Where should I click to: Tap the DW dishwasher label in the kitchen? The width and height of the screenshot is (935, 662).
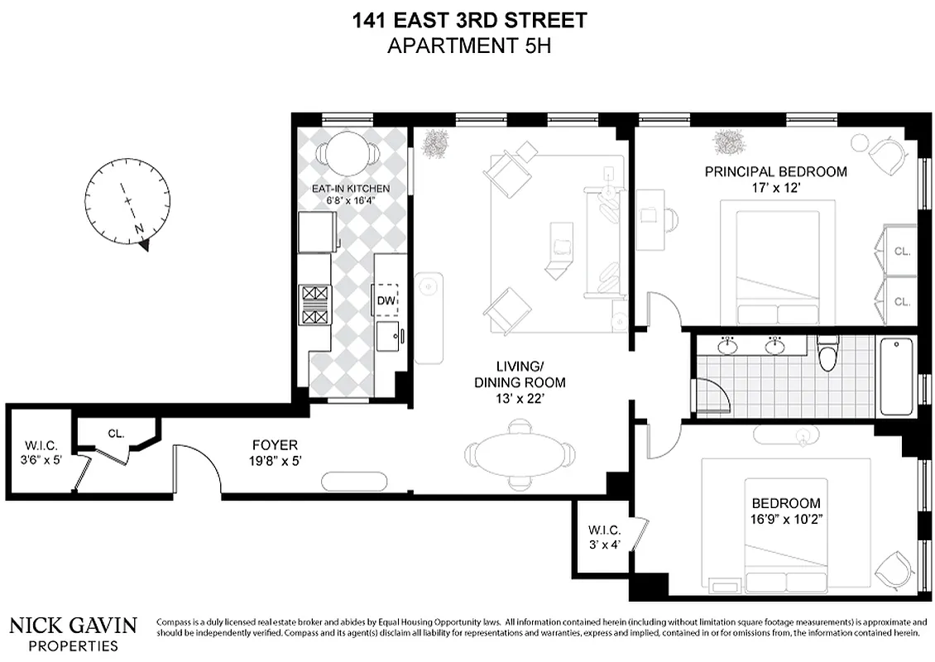point(386,301)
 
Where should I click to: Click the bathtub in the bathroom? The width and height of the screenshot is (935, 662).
point(898,377)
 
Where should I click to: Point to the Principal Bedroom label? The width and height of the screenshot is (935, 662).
point(775,172)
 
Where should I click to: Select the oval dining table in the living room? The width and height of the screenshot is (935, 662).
point(520,454)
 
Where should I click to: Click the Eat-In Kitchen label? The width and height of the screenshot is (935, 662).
point(350,189)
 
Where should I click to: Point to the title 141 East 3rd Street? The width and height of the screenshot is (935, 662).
point(469,19)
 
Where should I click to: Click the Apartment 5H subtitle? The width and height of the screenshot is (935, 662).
point(469,45)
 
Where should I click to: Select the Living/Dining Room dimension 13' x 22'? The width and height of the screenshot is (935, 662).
point(520,398)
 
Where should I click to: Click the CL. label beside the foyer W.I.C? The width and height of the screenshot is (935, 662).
point(116,432)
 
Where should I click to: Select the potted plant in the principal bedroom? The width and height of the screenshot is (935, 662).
point(729,142)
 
